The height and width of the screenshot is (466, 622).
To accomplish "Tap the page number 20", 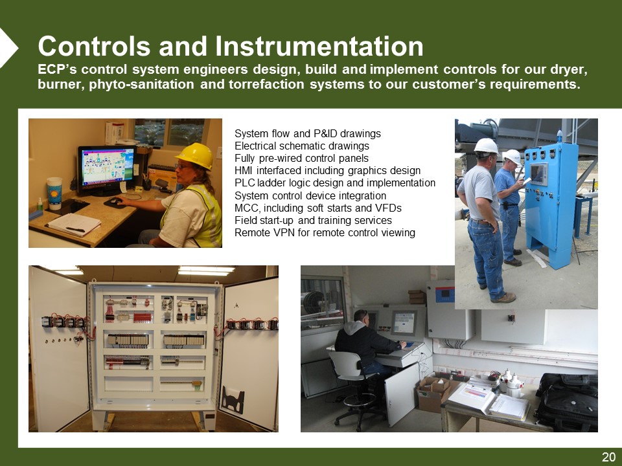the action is (x=608, y=457).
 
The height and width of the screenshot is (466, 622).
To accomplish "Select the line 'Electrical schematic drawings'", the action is (x=302, y=146).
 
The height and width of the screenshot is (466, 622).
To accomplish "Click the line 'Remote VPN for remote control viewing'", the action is (x=325, y=232).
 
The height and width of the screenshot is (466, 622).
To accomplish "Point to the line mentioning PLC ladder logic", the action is (x=335, y=183).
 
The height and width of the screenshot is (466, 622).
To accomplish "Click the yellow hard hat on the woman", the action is (x=196, y=156).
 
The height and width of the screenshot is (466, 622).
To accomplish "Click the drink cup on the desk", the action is (x=54, y=193).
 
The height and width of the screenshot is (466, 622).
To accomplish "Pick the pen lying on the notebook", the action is (x=75, y=229).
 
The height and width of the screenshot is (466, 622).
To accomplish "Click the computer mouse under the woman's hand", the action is (x=115, y=202).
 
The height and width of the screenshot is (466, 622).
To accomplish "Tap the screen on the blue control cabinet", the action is (x=538, y=173).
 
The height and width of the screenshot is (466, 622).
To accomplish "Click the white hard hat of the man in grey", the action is (x=487, y=146).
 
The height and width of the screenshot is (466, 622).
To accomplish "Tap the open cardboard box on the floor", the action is (x=434, y=392).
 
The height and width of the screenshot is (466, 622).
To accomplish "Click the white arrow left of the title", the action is (x=8, y=48).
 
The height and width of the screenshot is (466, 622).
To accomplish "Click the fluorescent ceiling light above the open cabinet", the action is (x=206, y=271).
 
